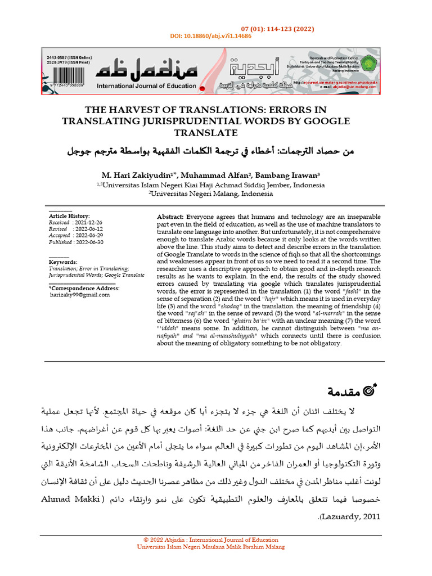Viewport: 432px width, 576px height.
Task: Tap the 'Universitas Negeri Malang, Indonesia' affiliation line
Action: tap(210, 193)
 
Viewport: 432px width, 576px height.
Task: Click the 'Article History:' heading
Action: tap(69, 216)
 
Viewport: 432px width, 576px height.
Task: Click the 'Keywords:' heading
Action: tap(63, 262)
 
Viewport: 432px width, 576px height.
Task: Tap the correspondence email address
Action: tap(80, 294)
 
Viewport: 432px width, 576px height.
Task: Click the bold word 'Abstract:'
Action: tap(170, 217)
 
